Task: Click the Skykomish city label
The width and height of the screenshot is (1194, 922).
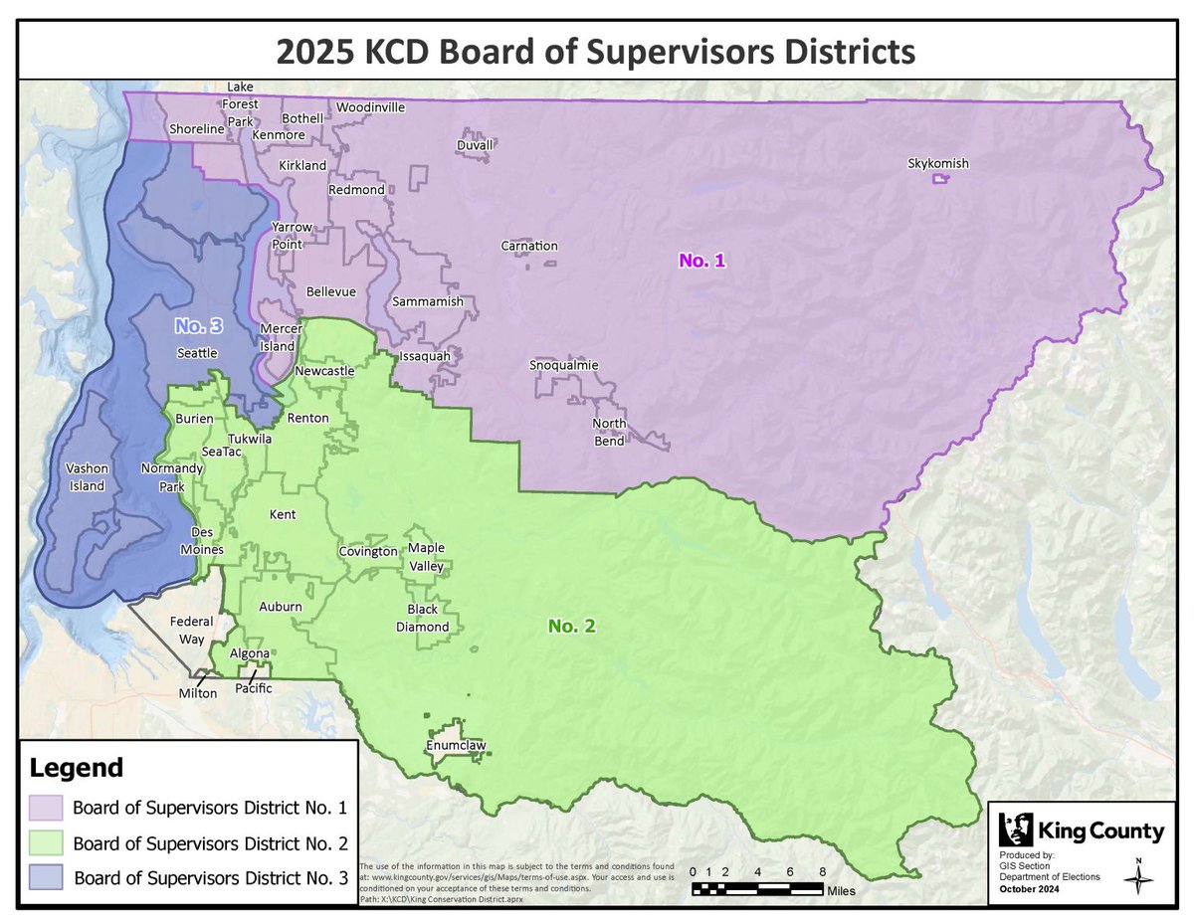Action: pyautogui.click(x=937, y=164)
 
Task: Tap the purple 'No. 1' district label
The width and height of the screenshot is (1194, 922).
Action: pyautogui.click(x=702, y=261)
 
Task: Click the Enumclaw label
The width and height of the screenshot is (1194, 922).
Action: pyautogui.click(x=457, y=744)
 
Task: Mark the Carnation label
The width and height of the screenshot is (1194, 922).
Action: pyautogui.click(x=528, y=246)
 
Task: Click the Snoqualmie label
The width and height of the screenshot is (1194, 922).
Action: pyautogui.click(x=563, y=365)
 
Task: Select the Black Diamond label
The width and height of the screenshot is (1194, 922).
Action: pyautogui.click(x=428, y=618)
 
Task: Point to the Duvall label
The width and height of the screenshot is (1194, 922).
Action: pyautogui.click(x=474, y=145)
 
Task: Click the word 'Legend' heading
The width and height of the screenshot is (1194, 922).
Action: pyautogui.click(x=78, y=768)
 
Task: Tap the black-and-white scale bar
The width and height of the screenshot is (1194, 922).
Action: pyautogui.click(x=755, y=888)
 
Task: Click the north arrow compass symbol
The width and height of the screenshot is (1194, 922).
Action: pyautogui.click(x=1137, y=872)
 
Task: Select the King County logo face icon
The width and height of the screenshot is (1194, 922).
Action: pyautogui.click(x=1016, y=830)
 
